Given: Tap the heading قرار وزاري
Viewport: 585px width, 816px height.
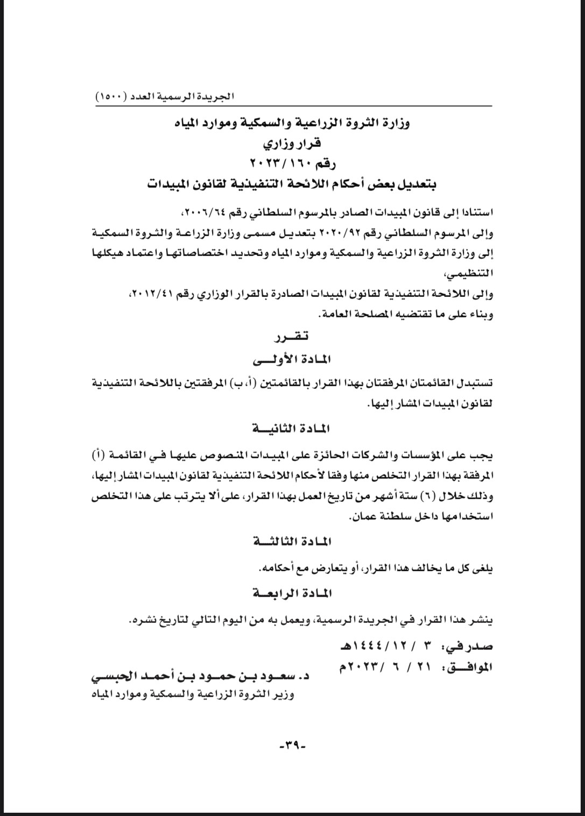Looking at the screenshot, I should (292, 144).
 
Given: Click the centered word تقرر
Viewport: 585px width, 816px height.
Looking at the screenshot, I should (292, 337).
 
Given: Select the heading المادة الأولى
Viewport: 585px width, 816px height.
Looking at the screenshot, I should (292, 359).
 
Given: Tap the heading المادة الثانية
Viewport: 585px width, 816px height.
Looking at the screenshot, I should (292, 429).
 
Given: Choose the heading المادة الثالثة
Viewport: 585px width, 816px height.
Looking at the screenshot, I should (292, 541).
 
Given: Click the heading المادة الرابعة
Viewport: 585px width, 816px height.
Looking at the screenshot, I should (292, 593).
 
